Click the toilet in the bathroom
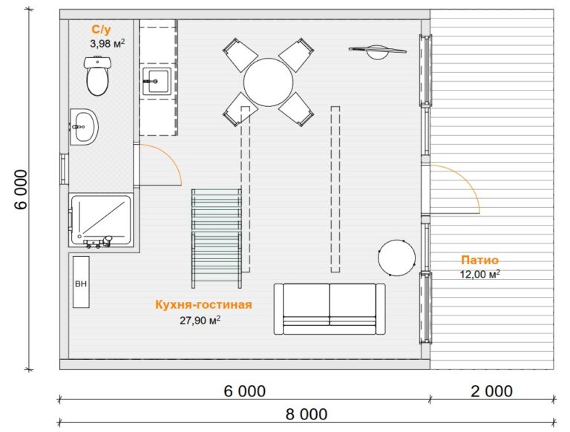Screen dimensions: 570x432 point(97,76)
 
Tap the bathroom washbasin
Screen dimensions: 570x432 point(84,126)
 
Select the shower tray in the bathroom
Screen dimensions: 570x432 point(101,220)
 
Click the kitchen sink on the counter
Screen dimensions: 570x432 point(157,81)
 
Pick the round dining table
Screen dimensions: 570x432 point(268,82)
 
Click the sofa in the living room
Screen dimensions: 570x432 point(330,309)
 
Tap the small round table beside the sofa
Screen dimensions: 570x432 point(396,258)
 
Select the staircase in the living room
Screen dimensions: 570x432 point(217,238)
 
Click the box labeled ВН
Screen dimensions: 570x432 point(81,282)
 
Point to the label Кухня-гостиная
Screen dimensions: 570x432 point(203,304)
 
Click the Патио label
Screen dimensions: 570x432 point(480,260)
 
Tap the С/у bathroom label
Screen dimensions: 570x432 point(102,30)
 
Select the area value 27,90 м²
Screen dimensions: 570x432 point(200,321)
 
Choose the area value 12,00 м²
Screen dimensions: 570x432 point(480,274)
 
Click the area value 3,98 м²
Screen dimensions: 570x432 point(108,44)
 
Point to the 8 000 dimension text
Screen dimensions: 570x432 point(307,414)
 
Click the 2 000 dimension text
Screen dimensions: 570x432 point(492,391)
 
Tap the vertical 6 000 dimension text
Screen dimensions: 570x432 point(22,189)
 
